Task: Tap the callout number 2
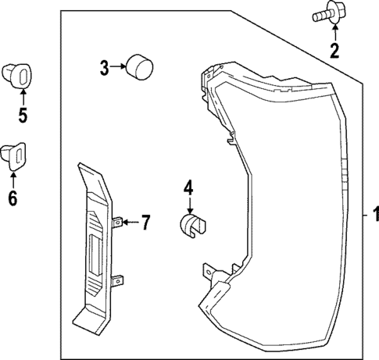click(334, 52)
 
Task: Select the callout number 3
click(104, 67)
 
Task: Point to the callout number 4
click(188, 188)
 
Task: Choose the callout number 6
click(13, 198)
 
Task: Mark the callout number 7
click(145, 224)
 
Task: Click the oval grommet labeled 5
click(22, 76)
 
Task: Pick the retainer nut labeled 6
click(15, 156)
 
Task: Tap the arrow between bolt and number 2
click(334, 33)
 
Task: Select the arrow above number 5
click(23, 97)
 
